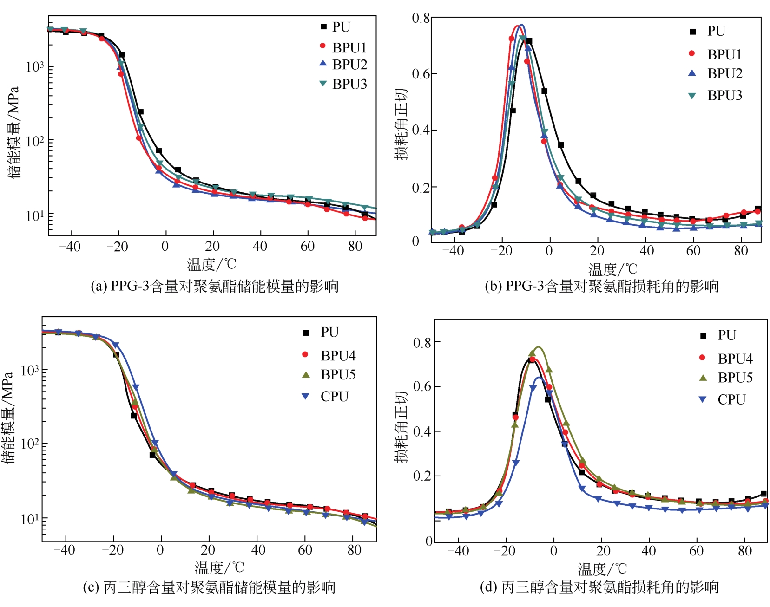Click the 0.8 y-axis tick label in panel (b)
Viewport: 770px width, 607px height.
coord(421,18)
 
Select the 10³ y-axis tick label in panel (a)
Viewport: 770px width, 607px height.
coord(35,66)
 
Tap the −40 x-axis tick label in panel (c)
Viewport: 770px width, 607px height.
coord(64,550)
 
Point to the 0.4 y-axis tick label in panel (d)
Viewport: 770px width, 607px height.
coord(422,431)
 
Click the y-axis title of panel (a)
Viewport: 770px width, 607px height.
coord(13,132)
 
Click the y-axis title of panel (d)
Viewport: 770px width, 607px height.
coord(401,426)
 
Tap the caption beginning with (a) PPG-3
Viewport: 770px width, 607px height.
coord(214,286)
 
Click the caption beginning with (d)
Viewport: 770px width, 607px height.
coord(599,587)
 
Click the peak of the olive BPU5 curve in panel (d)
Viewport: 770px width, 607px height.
coord(539,347)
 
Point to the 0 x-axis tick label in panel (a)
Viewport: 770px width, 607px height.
coord(165,246)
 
